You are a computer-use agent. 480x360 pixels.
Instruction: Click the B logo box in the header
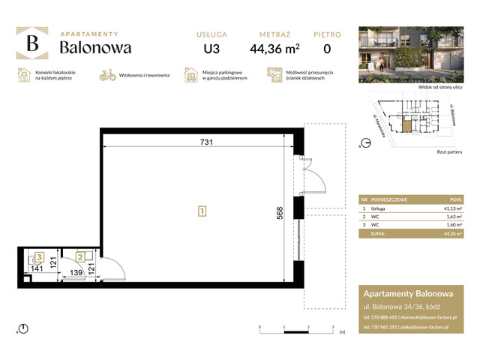coord(32,44)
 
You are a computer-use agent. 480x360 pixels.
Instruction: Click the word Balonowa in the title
coord(95,47)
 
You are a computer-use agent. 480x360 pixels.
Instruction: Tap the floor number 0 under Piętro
coord(327,50)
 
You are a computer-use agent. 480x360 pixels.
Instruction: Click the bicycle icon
coord(107,75)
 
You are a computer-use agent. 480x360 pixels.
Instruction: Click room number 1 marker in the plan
coord(202,211)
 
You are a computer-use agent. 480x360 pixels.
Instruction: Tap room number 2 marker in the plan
coord(78,256)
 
